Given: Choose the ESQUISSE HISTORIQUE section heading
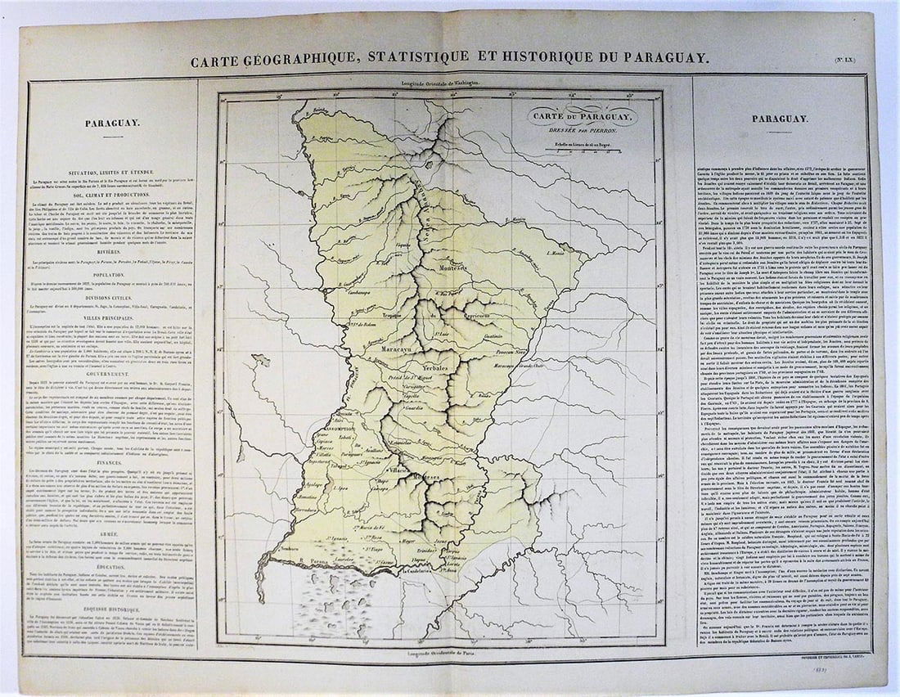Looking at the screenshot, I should pos(112,609).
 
